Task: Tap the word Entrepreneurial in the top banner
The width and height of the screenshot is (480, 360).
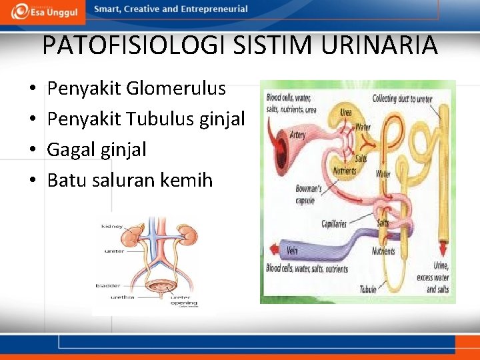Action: tap(212, 9)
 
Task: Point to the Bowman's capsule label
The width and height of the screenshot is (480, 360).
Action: tap(309, 194)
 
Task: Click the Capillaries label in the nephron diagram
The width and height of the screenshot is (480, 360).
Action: tap(334, 224)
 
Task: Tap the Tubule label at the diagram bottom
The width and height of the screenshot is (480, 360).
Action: tap(368, 289)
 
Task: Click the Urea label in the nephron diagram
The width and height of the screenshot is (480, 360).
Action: tap(346, 112)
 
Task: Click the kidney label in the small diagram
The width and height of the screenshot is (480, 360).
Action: tap(111, 227)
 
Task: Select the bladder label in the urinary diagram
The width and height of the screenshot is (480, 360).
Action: tap(108, 285)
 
